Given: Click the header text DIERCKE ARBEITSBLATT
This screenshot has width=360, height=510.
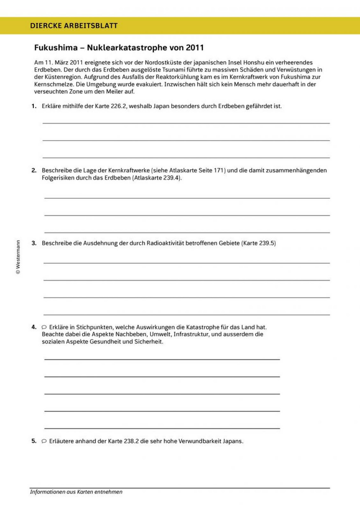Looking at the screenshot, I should pyautogui.click(x=74, y=26).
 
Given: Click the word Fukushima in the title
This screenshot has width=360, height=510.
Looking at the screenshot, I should pyautogui.click(x=56, y=48).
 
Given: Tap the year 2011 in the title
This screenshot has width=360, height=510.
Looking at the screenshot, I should pyautogui.click(x=195, y=48).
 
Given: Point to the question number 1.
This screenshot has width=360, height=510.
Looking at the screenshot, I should pyautogui.click(x=34, y=106).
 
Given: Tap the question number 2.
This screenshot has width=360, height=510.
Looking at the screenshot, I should pyautogui.click(x=34, y=170).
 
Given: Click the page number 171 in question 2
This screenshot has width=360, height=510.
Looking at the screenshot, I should pyautogui.click(x=219, y=170).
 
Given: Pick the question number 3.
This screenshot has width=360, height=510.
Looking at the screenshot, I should pyautogui.click(x=34, y=243).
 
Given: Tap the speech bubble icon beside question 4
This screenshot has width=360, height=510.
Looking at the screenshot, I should pyautogui.click(x=44, y=327).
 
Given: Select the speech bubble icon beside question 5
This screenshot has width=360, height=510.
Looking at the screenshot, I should pyautogui.click(x=44, y=441).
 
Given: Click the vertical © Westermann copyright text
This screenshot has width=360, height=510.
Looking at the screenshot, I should pyautogui.click(x=18, y=258).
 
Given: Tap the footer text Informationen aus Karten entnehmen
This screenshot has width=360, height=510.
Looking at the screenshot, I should pyautogui.click(x=76, y=492).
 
